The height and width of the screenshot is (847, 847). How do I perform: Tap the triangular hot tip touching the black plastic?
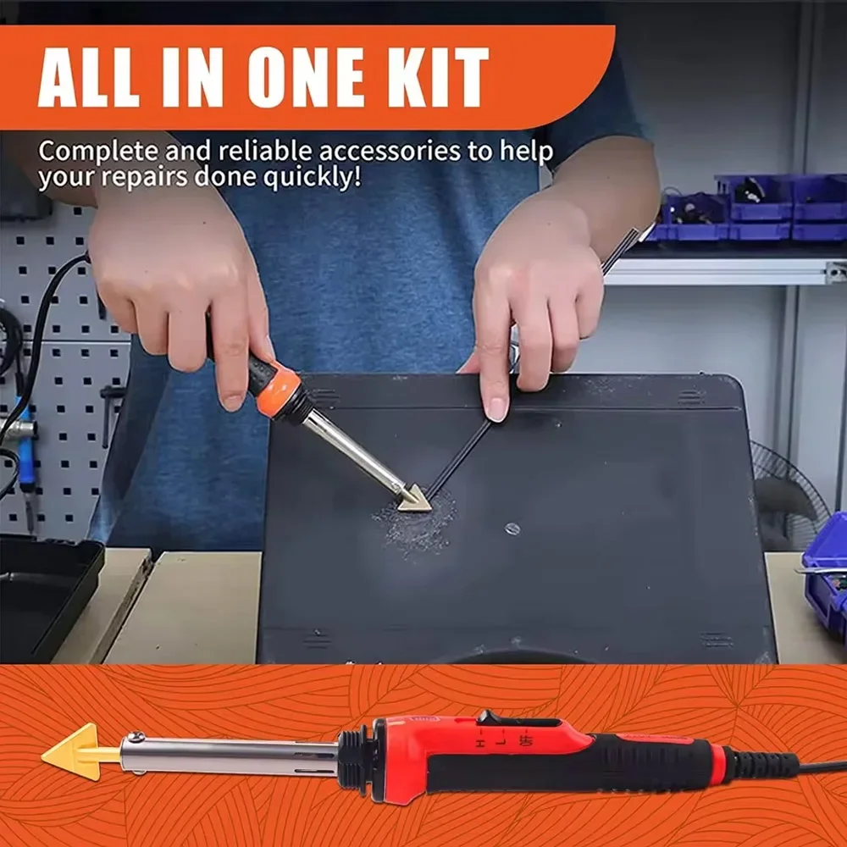coord(415,500)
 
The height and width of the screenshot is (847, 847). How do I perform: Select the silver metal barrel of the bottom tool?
coord(229,753)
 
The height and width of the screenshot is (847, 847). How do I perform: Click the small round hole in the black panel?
coord(512,529)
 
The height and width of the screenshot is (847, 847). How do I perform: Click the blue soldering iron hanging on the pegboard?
coord(25,449)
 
